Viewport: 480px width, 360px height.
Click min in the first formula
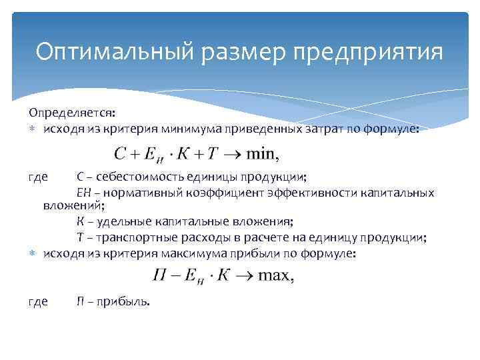[260, 155]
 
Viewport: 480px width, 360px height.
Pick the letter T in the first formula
[213, 155]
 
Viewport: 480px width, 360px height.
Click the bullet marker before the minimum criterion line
[33, 131]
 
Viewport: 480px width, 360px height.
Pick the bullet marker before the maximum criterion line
[33, 255]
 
